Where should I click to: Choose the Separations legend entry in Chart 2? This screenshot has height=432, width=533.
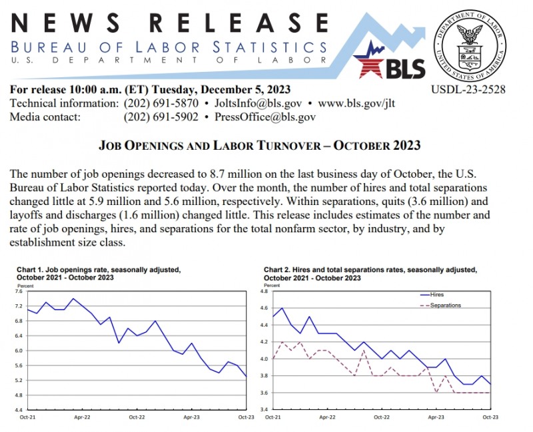click(445, 306)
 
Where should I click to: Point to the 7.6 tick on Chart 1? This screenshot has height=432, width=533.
click(18, 292)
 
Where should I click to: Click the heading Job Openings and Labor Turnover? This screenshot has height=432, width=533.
click(261, 145)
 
